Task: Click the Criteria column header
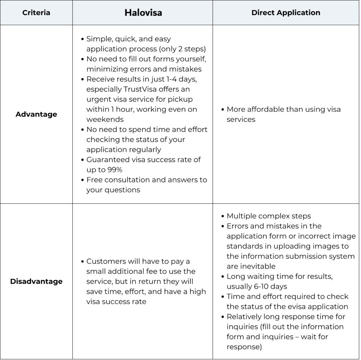[36, 13]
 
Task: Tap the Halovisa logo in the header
[143, 13]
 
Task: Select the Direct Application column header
[286, 13]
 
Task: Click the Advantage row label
[36, 114]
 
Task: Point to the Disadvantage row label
[36, 281]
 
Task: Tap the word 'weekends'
[105, 119]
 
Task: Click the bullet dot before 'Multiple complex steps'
[223, 216]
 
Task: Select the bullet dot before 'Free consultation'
[83, 180]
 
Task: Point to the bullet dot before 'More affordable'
[223, 109]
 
